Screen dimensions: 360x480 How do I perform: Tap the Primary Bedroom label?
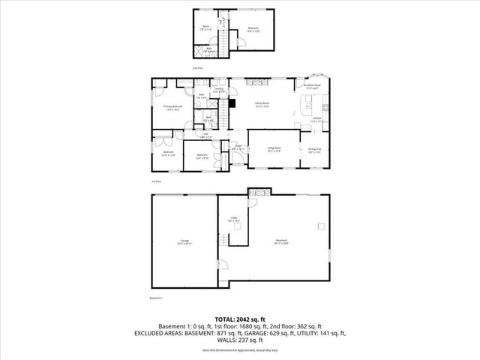coord(173,108)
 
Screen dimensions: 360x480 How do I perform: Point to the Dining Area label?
coord(315,149)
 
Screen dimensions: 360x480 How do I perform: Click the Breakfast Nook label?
coord(313,86)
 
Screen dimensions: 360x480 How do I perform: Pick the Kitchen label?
coord(316,119)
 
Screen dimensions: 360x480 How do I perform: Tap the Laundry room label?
coord(219,90)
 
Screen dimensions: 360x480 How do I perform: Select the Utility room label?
coord(232,220)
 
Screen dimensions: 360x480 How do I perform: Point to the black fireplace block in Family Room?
coord(234,104)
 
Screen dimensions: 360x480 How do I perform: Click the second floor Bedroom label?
coord(253,29)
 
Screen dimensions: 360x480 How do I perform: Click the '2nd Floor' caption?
coord(197,68)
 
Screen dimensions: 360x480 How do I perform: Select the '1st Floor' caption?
coord(157,181)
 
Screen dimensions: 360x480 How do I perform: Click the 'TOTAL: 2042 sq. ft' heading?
coord(239,319)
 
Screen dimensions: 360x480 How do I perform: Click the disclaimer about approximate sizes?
coord(239,350)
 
